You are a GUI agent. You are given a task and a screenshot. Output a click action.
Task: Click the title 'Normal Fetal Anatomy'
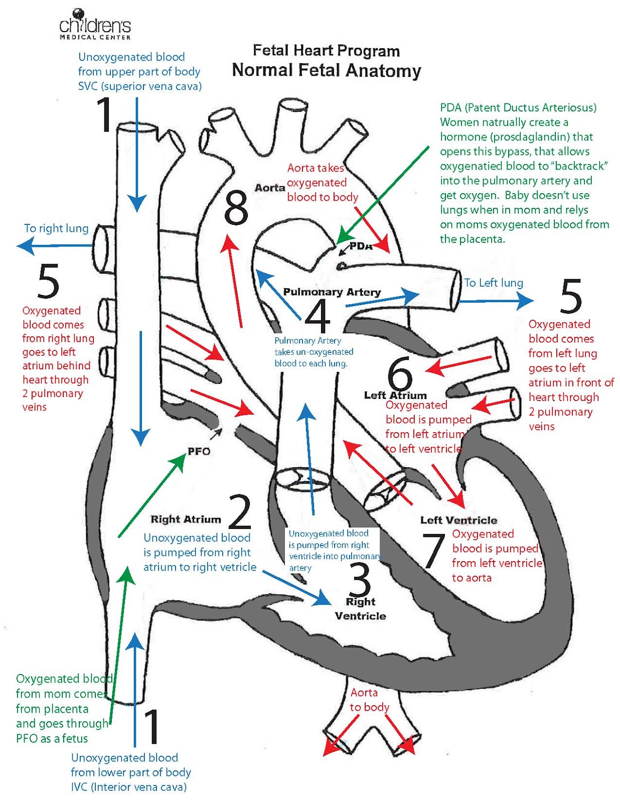pos(326,70)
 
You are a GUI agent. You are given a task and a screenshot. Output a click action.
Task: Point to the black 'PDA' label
pos(361,246)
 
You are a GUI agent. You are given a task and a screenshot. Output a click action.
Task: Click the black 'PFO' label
pos(199,451)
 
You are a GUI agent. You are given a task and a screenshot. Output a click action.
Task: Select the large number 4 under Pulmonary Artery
pos(317,316)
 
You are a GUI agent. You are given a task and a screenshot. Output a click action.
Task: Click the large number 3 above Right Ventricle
pos(360,580)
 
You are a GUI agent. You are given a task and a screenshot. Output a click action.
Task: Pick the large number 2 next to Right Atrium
pos(240,511)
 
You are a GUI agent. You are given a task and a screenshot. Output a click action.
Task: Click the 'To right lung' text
pos(56,228)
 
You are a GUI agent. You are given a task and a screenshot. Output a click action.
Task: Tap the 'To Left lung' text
pos(494,283)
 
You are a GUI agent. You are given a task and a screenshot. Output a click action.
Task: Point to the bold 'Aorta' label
pos(270,188)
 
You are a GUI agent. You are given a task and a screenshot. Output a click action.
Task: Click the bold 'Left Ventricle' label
pos(458,520)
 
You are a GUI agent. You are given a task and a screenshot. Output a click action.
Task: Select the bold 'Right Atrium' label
pos(186,519)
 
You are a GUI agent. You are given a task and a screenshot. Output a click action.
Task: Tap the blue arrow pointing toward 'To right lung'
pos(55,246)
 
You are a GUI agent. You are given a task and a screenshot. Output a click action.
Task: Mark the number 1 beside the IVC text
pos(152,726)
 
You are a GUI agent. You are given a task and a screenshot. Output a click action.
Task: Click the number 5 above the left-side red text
pos(49,281)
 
